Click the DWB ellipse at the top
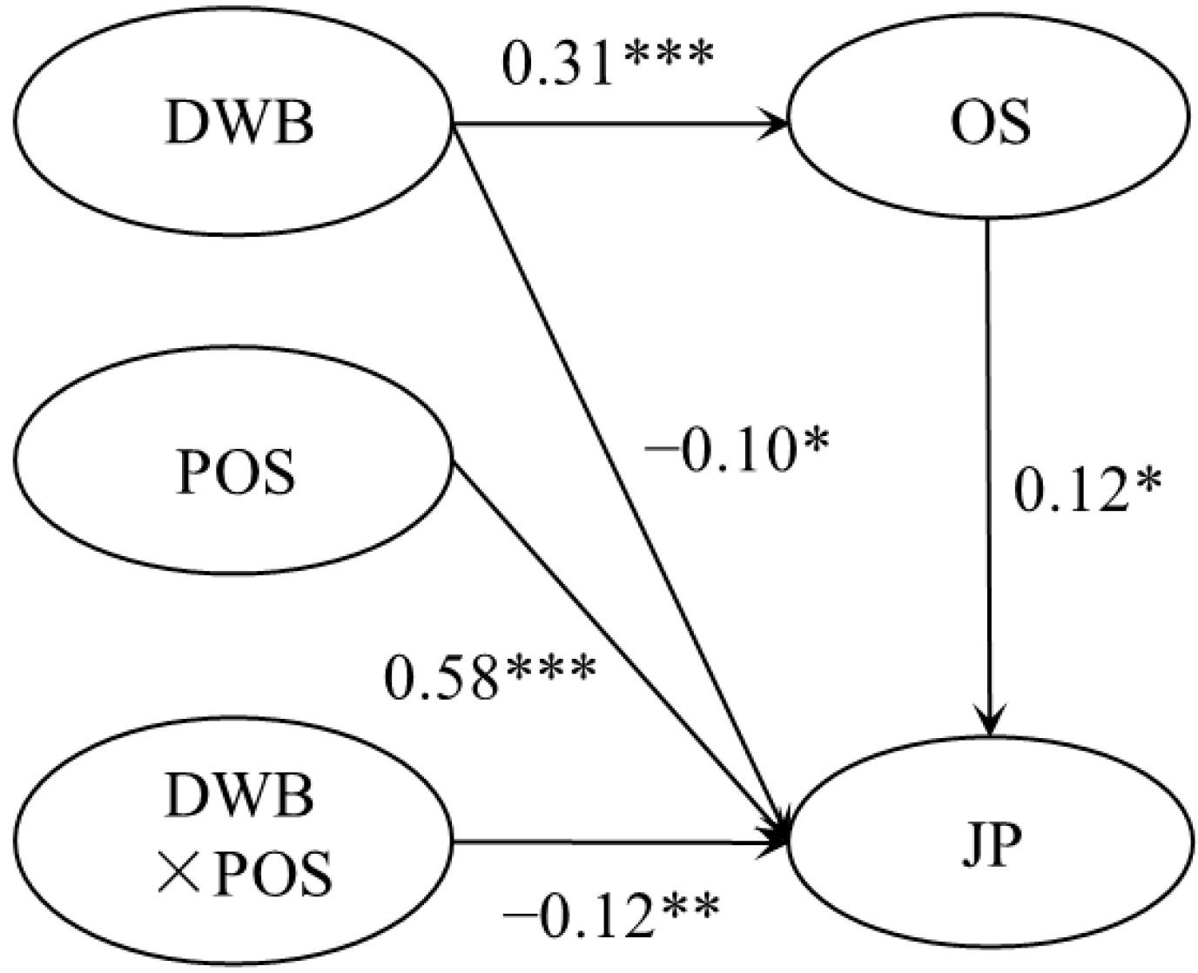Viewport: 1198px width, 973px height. (234, 123)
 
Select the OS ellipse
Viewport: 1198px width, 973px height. (991, 123)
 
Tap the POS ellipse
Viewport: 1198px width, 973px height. (234, 473)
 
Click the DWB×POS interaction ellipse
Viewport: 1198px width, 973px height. (234, 837)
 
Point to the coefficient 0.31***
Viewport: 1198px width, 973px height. (608, 64)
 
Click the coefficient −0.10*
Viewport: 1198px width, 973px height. (737, 452)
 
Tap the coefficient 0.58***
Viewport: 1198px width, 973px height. (490, 678)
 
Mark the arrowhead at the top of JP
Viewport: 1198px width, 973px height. (989, 722)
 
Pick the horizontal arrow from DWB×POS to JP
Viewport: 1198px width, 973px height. (609, 842)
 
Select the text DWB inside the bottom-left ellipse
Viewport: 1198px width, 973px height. (239, 795)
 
